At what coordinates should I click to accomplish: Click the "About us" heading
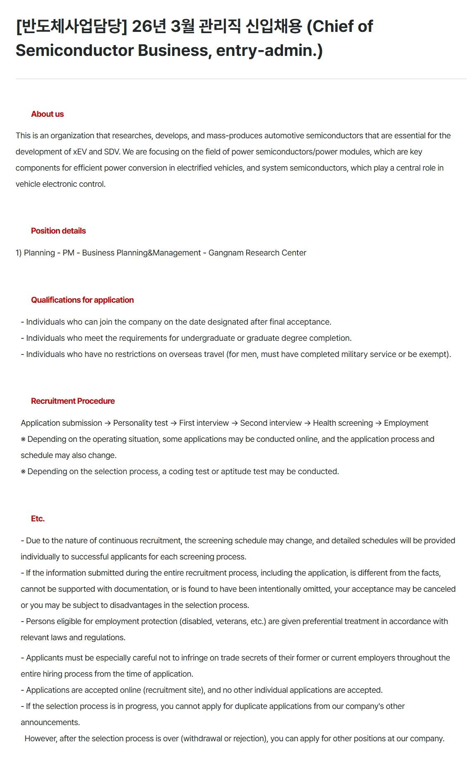coord(47,114)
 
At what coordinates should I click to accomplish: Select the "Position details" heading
coord(58,231)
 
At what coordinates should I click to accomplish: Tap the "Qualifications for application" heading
coord(82,300)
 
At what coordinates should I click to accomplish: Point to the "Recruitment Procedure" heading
coord(73,401)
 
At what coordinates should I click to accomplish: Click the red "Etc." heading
coord(38,519)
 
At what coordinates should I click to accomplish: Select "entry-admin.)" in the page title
coord(269,51)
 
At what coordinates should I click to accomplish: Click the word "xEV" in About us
coord(80,152)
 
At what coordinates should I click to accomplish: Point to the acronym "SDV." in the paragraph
coord(112,152)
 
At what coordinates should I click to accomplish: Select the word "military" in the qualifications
coord(355,354)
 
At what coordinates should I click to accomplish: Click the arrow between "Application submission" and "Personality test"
coord(108,423)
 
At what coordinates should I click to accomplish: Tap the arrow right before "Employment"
coord(378,423)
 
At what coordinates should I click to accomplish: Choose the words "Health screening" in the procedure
coord(343,423)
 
